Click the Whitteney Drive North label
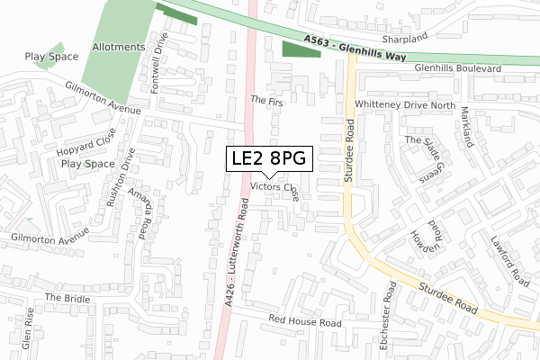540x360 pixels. tap(406, 104)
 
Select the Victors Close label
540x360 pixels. tap(275, 190)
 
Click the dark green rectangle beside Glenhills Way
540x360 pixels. tap(301, 49)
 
